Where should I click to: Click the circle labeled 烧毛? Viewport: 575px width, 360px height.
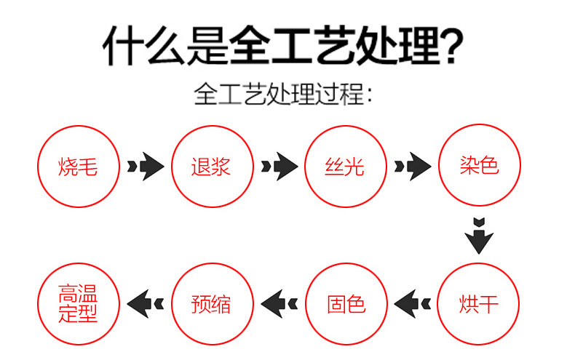point(77,167)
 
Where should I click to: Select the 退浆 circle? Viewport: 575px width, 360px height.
point(211,167)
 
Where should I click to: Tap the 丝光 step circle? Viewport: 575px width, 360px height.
point(344,167)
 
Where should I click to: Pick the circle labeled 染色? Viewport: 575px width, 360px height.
point(478,167)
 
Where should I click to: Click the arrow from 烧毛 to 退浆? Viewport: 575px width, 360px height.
point(145,167)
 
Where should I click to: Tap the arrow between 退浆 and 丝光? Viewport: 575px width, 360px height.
point(278,167)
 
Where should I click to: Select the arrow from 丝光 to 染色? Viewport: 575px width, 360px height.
point(412,167)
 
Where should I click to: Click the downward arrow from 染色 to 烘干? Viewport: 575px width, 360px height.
point(478,234)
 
